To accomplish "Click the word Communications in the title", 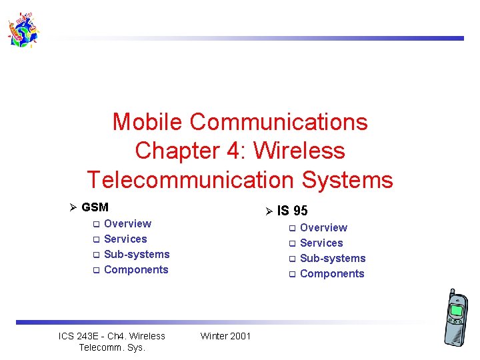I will [278, 122].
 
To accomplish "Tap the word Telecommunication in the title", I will [188, 180].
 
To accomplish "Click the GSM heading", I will [95, 207].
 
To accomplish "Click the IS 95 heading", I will [292, 211].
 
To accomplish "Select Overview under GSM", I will [127, 223].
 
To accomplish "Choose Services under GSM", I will [125, 239].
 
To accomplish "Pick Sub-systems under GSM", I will [137, 254].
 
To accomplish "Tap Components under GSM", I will [136, 269].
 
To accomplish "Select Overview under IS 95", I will [323, 227].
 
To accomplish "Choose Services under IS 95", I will [321, 243].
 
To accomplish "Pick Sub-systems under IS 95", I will [333, 258].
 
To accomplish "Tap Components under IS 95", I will [332, 273].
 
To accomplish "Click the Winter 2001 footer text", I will [225, 336].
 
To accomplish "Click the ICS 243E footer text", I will [112, 341].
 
